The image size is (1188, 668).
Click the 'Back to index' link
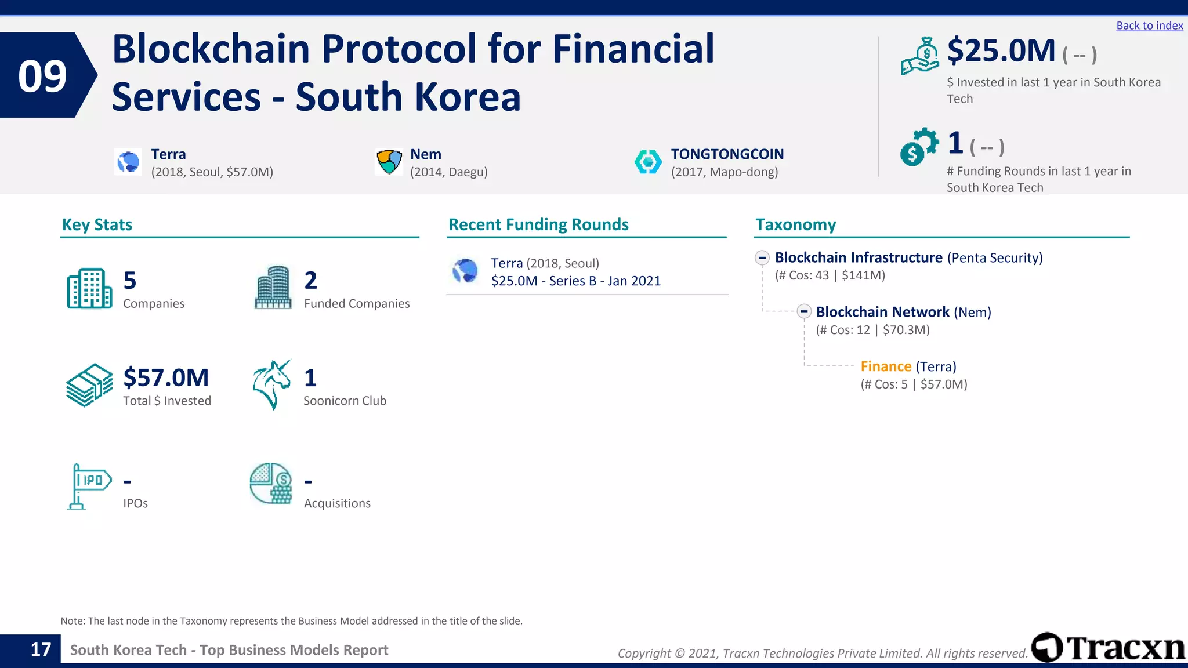(x=1149, y=26)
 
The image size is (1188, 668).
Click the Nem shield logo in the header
(x=389, y=162)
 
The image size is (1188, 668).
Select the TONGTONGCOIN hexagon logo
(x=648, y=162)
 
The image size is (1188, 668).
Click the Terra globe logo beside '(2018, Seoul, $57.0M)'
(x=128, y=162)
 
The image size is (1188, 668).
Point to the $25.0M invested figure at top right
(x=1001, y=51)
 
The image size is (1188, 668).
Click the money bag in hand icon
(x=920, y=56)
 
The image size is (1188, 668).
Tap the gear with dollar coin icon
(x=919, y=147)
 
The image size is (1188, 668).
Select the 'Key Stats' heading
(x=97, y=225)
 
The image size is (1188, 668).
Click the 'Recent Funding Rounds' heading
(x=538, y=225)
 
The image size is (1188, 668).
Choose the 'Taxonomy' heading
(x=795, y=225)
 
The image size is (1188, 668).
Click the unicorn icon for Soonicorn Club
(x=271, y=384)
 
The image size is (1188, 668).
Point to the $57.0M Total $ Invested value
(x=166, y=377)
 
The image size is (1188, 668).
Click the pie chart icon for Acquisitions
(x=271, y=484)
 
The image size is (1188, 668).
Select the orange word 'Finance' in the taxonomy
(x=886, y=366)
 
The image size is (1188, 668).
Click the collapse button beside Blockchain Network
(x=803, y=311)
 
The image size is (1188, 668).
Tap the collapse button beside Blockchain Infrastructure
(x=762, y=257)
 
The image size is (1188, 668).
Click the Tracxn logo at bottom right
(x=1108, y=648)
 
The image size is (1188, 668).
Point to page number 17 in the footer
(x=41, y=649)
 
